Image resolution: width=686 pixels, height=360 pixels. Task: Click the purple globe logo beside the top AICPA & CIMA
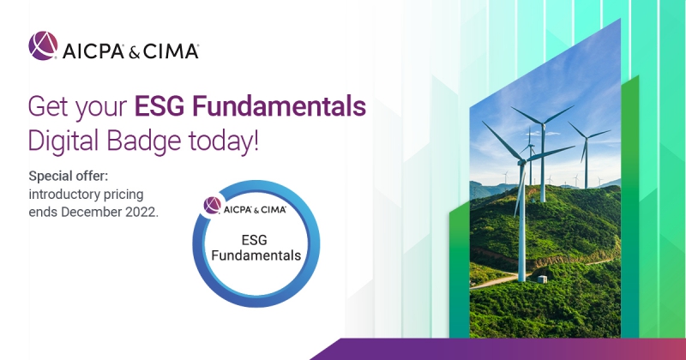click(43, 45)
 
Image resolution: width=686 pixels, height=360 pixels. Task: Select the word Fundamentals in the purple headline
click(279, 106)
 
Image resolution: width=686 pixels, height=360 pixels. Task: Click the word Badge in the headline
click(143, 141)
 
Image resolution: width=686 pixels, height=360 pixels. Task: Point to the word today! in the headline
click(224, 141)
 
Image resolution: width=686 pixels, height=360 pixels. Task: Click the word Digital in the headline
click(63, 141)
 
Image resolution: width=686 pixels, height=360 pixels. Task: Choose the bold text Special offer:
click(69, 177)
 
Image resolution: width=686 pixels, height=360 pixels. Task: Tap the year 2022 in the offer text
click(141, 213)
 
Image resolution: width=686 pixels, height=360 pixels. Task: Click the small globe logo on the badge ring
click(213, 205)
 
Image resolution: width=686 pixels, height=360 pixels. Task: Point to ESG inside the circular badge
click(254, 240)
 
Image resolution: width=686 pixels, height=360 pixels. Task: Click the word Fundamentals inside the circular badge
click(256, 255)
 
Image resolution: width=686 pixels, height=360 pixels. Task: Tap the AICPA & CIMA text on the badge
click(255, 209)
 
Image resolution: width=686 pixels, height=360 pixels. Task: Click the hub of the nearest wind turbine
click(522, 162)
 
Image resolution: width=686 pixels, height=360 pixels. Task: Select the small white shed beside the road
click(542, 279)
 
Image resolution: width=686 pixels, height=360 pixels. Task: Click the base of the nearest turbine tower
click(521, 280)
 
